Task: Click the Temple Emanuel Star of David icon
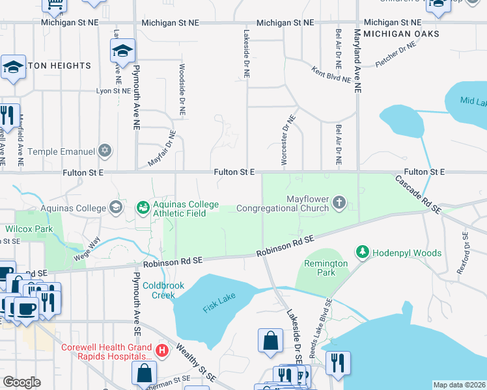[105, 151]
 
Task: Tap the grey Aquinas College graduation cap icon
[116, 208]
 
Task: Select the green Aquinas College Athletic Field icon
[143, 208]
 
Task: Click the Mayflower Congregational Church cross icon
[339, 203]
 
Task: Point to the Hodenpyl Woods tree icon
[363, 252]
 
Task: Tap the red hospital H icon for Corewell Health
[162, 352]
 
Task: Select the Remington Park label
[326, 268]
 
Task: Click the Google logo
[22, 382]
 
